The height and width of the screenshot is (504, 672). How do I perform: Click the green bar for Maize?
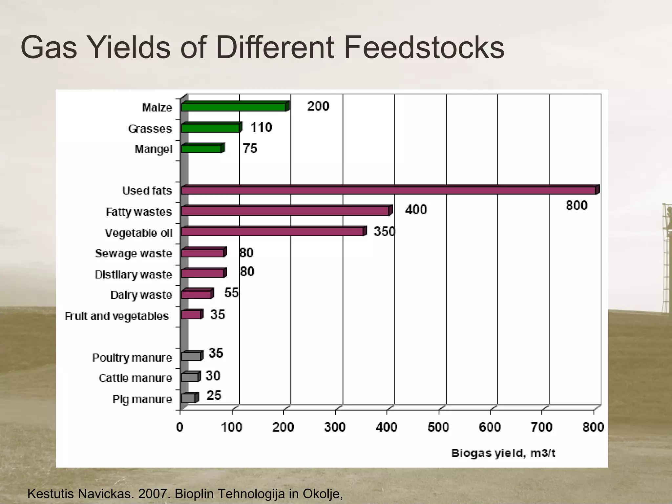[234, 107]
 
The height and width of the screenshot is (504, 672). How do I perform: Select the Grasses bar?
[211, 128]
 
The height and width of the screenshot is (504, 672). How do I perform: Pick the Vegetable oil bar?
[272, 232]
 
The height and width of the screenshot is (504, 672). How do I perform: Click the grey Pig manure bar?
[188, 398]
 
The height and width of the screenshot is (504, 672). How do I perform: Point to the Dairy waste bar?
[196, 294]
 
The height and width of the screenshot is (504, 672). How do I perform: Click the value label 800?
[577, 206]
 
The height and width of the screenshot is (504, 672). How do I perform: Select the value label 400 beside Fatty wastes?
[416, 210]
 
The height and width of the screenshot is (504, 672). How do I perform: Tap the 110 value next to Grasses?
[261, 127]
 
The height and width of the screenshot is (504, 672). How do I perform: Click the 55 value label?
[231, 293]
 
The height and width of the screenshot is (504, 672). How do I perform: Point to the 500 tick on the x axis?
[438, 427]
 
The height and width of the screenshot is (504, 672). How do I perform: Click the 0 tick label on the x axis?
[180, 427]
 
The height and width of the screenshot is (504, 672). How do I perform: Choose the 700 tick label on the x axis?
[541, 427]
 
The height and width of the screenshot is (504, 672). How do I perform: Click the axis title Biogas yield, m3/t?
[503, 453]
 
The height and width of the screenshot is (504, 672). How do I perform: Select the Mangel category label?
[153, 149]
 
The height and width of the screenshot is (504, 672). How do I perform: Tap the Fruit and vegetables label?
[117, 316]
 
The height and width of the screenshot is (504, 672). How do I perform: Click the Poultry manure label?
[132, 358]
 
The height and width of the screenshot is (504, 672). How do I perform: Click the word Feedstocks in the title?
[424, 48]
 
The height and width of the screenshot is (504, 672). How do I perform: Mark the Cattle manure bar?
[190, 377]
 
